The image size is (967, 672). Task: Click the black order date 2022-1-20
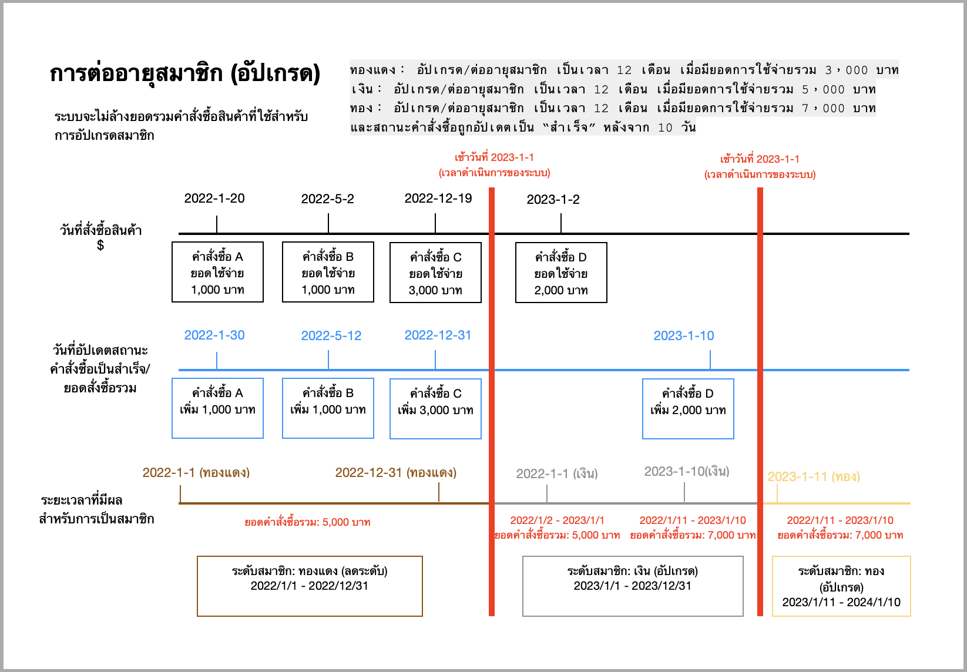pyautogui.click(x=214, y=199)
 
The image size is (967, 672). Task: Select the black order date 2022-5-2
pyautogui.click(x=327, y=199)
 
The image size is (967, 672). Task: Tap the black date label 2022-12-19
pyautogui.click(x=438, y=199)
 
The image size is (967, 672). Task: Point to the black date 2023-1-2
pyautogui.click(x=553, y=199)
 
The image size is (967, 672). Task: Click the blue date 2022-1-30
pyautogui.click(x=214, y=335)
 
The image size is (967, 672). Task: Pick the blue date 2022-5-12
pyautogui.click(x=331, y=336)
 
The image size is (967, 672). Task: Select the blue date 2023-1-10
pyautogui.click(x=684, y=336)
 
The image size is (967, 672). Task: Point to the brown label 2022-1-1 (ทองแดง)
pyautogui.click(x=196, y=473)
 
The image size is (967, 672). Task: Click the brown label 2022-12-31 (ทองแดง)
pyautogui.click(x=396, y=473)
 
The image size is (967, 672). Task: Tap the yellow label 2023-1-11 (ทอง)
pyautogui.click(x=814, y=477)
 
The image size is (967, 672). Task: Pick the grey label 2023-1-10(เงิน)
pyautogui.click(x=687, y=472)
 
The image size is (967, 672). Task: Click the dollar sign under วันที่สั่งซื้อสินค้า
pyautogui.click(x=100, y=245)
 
